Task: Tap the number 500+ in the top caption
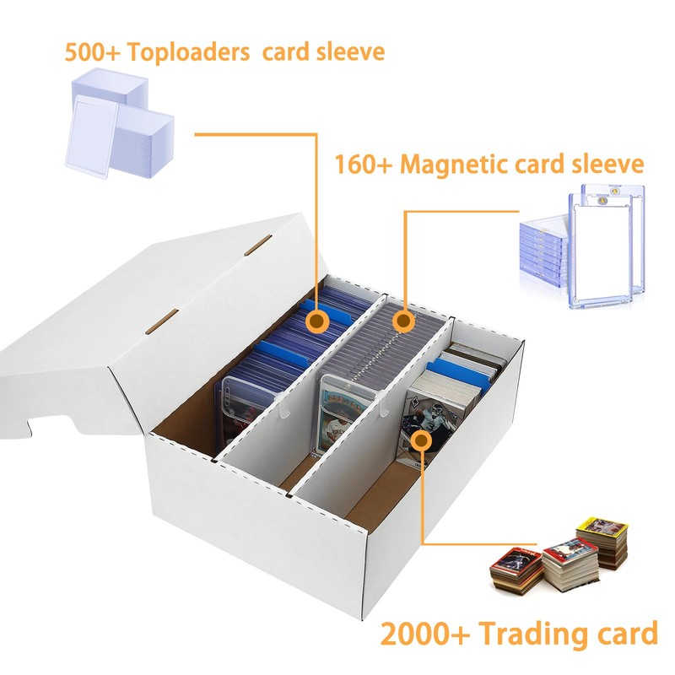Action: [94, 52]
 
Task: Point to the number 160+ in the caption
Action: [364, 163]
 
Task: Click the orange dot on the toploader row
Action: [318, 321]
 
